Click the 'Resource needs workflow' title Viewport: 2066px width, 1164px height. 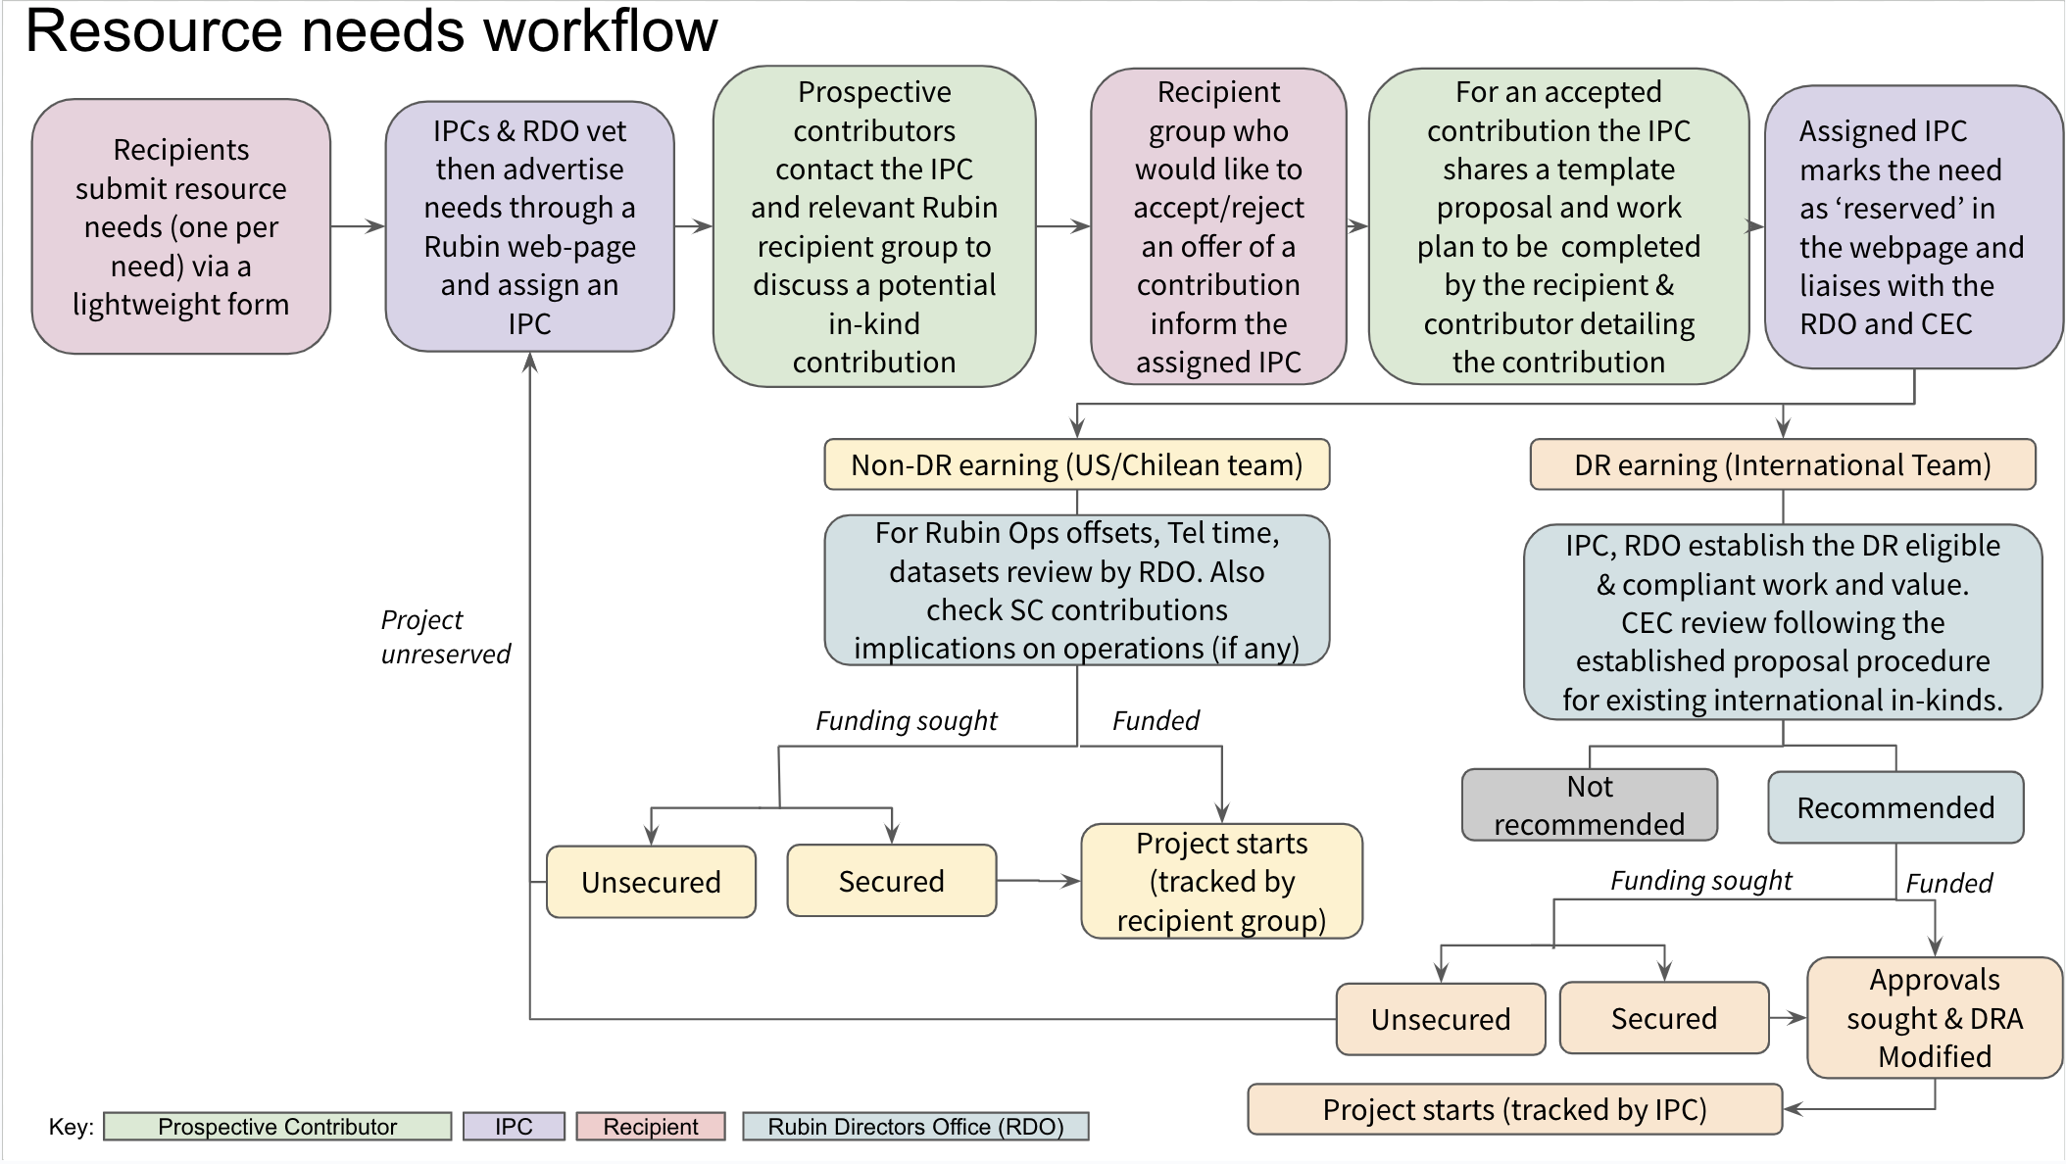(x=370, y=31)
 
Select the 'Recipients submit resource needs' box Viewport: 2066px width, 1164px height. (x=181, y=226)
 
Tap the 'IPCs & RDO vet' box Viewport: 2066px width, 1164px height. (x=529, y=226)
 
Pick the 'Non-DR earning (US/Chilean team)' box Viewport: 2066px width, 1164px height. (x=1076, y=464)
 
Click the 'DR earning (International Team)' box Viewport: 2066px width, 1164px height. (x=1782, y=464)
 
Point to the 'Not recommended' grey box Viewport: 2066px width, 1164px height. (x=1589, y=805)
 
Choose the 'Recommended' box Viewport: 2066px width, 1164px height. (x=1894, y=807)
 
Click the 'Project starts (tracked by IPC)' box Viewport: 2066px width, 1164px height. (x=1514, y=1109)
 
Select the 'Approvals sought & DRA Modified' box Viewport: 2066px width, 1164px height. (x=1934, y=1018)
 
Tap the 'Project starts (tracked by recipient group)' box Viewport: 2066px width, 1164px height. (x=1221, y=882)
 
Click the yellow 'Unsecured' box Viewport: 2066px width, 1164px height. (x=651, y=882)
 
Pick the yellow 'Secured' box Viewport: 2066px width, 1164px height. (x=891, y=881)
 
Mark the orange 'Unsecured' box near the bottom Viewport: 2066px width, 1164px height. (x=1440, y=1019)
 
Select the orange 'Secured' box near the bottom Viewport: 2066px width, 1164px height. (x=1663, y=1018)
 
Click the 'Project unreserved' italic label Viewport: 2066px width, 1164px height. (x=445, y=637)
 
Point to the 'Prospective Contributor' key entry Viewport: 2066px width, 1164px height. (x=277, y=1127)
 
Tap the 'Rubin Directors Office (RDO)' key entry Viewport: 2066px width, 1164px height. (x=914, y=1127)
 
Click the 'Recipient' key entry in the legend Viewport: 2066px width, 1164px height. (x=650, y=1127)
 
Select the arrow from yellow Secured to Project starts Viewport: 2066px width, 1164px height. (x=1038, y=881)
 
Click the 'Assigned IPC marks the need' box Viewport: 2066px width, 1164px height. (x=1912, y=227)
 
